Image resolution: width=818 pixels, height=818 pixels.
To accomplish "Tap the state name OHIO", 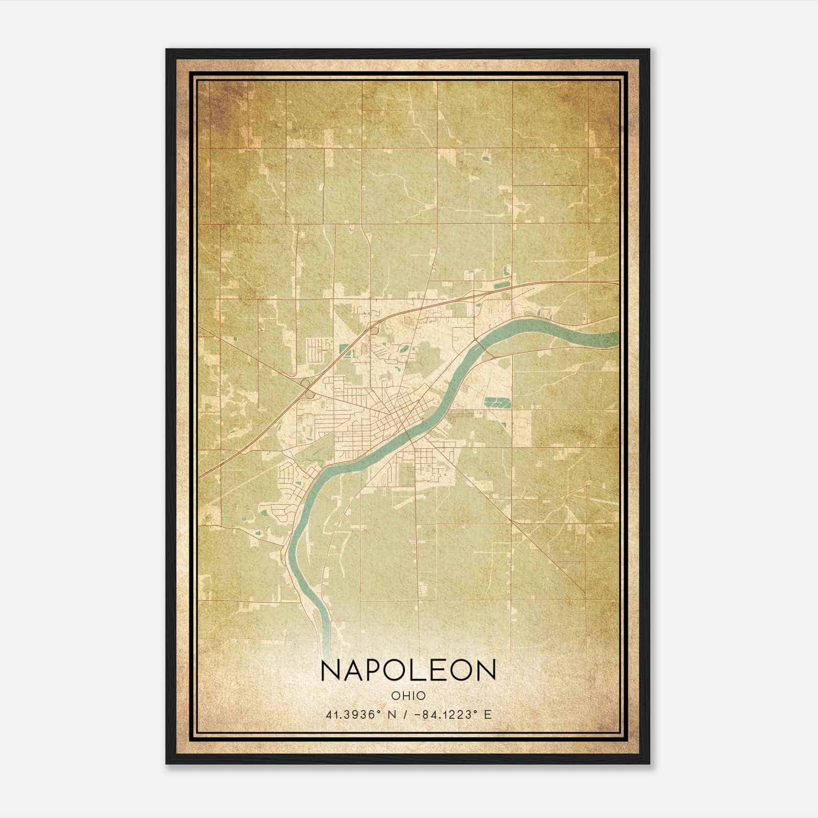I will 408,696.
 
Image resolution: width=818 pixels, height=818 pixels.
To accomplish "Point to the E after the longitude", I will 488,714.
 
